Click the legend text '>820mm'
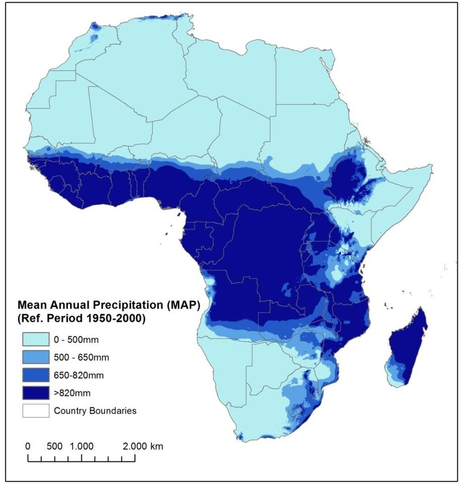click(70, 392)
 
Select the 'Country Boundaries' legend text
click(95, 410)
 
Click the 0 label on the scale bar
click(28, 446)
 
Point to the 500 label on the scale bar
click(55, 446)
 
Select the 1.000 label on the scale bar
click(82, 446)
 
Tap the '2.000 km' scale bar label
click(143, 446)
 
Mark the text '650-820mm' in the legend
click(76, 375)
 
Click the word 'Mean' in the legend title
click(31, 305)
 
